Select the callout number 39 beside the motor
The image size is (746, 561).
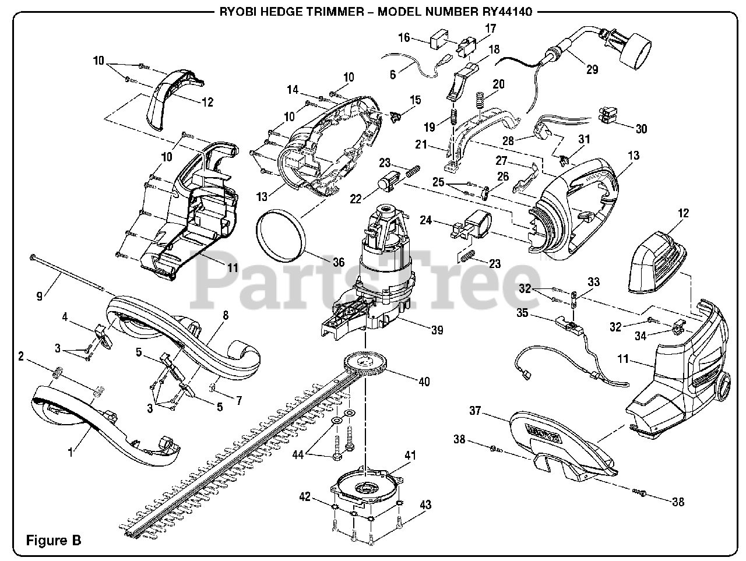437,330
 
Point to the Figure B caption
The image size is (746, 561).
54,540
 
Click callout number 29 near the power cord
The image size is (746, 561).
592,70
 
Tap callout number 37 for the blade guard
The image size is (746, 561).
475,411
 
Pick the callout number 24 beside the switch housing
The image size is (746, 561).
427,221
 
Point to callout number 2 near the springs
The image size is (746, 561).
21,357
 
